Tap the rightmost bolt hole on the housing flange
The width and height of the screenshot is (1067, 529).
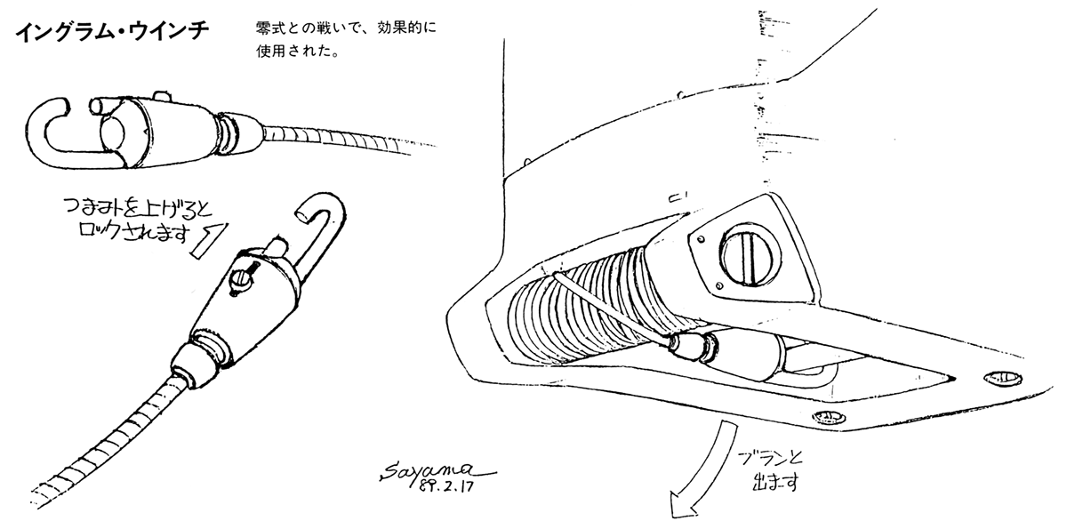(999, 379)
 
